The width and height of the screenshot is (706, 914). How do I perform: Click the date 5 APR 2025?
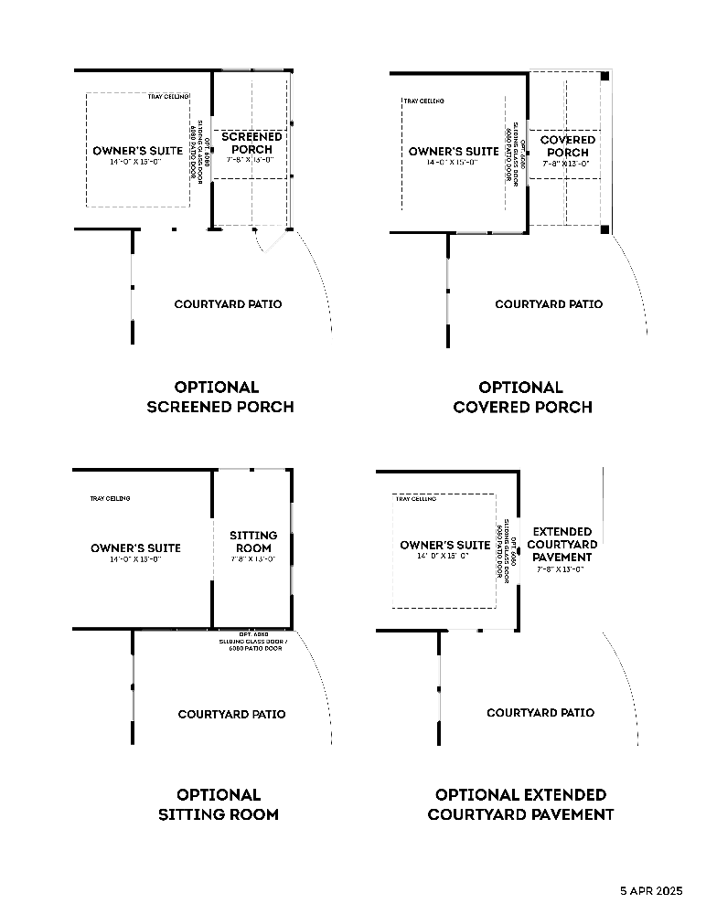coord(651,889)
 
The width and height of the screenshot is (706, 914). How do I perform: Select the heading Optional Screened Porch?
coord(219,397)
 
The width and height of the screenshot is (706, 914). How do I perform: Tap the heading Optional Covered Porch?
coord(522,397)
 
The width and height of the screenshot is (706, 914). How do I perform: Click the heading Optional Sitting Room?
coord(219,804)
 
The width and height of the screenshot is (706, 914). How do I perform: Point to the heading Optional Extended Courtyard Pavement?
coord(520,804)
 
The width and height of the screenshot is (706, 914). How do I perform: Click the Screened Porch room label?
coord(251,143)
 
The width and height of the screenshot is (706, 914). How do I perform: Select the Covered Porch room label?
coord(567,146)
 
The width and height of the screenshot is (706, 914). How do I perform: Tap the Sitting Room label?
coord(251,542)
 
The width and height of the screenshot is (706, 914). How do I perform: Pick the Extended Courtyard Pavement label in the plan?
coord(562,544)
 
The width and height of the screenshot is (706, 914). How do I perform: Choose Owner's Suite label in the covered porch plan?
coord(454,152)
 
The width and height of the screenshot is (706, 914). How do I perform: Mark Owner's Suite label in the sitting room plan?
coord(135,548)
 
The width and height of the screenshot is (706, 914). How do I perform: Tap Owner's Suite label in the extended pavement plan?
coord(445,546)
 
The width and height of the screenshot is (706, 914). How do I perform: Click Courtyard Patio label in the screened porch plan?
coord(228,304)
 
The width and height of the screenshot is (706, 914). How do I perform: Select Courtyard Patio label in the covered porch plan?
coord(549,304)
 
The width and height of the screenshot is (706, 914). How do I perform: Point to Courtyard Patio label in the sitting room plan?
coord(231,714)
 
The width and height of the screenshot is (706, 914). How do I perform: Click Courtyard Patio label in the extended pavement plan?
coord(540,712)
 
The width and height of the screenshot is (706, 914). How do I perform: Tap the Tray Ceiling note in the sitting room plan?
coord(110,498)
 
